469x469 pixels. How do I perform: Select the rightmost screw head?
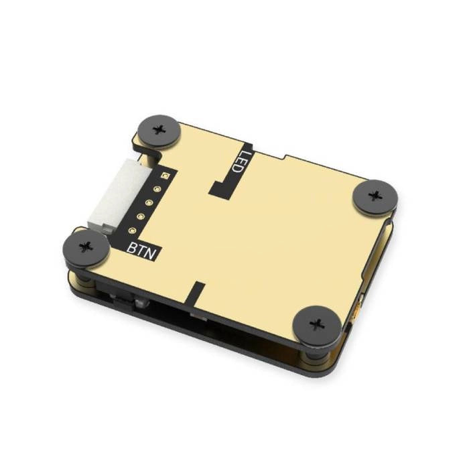click(x=375, y=196)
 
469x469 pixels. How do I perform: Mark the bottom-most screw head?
click(x=317, y=326)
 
